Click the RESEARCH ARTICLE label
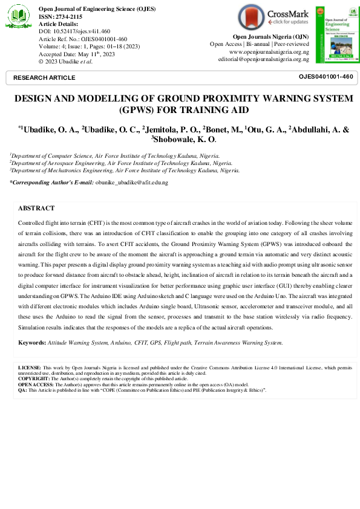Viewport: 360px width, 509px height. pyautogui.click(x=44, y=78)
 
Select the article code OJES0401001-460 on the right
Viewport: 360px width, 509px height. pyautogui.click(x=326, y=77)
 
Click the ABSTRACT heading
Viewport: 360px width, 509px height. pyautogui.click(x=36, y=208)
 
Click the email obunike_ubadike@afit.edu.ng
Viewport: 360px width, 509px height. pyautogui.click(x=132, y=182)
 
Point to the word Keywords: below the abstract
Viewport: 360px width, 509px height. pyautogui.click(x=32, y=343)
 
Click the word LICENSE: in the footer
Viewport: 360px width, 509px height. pyautogui.click(x=30, y=368)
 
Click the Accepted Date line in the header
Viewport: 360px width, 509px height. pyautogui.click(x=76, y=53)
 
